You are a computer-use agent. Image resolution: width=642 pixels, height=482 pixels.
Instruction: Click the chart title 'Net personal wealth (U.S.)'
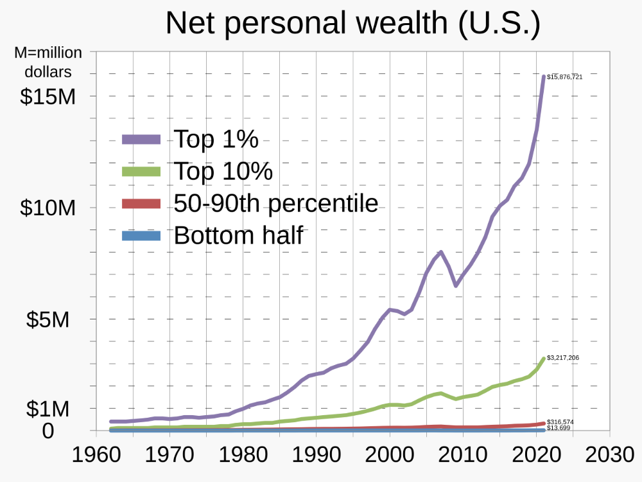click(x=352, y=23)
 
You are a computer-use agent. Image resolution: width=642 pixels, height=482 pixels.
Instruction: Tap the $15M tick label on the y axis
click(x=48, y=96)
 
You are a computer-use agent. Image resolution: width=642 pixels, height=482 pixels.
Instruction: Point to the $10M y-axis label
click(x=48, y=208)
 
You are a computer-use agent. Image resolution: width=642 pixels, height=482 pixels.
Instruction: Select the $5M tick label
click(x=48, y=319)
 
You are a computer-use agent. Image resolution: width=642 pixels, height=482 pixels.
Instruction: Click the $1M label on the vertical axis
click(x=48, y=409)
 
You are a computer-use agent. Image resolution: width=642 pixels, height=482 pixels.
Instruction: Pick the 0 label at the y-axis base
click(x=48, y=431)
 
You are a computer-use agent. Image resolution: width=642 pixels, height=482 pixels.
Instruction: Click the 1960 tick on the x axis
click(x=96, y=455)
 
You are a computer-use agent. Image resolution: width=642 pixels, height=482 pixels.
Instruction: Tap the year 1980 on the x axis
click(x=243, y=455)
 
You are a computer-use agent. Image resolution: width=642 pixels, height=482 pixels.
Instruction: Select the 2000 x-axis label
click(x=390, y=455)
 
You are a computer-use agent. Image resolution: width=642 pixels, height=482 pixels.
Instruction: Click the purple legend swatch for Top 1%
click(x=141, y=139)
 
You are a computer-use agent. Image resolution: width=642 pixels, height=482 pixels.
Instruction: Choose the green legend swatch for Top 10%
click(x=141, y=171)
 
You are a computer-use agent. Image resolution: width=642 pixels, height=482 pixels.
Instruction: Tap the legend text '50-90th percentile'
click(x=276, y=204)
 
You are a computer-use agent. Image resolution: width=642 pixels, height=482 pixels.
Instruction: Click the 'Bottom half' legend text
click(x=238, y=236)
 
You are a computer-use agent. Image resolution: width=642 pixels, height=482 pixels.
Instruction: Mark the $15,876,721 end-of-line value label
click(x=565, y=77)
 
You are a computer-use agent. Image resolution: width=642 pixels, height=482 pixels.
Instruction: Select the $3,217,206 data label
click(x=563, y=357)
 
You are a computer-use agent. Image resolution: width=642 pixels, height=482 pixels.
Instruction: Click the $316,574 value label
click(x=560, y=422)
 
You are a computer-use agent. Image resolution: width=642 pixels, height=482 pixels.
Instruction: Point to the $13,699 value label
click(x=559, y=428)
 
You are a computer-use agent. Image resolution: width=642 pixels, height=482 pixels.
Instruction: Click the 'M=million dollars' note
click(x=48, y=62)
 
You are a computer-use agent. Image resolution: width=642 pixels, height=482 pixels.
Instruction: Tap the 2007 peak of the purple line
click(x=441, y=252)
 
